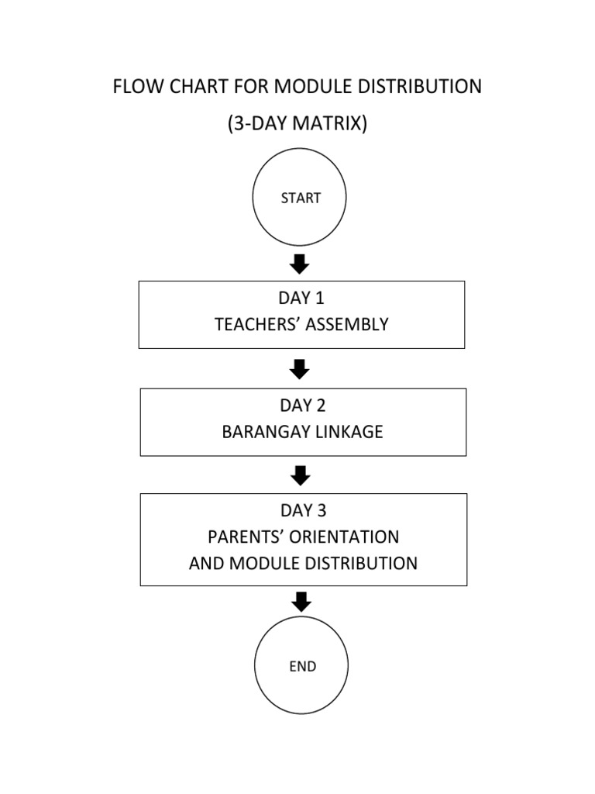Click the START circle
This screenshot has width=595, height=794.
(x=300, y=198)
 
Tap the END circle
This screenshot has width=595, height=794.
(x=302, y=666)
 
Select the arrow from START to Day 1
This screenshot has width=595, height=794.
(x=300, y=264)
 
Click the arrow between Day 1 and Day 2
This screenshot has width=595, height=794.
(x=300, y=369)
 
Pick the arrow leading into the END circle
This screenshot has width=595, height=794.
(x=302, y=601)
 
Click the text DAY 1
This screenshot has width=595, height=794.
(x=301, y=299)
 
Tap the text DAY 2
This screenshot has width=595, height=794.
(x=302, y=406)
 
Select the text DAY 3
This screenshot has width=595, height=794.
(x=303, y=510)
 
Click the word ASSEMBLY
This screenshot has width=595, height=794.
(x=346, y=325)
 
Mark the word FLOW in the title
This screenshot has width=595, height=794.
(x=136, y=87)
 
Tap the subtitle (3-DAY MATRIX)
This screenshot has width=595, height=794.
(x=297, y=123)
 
